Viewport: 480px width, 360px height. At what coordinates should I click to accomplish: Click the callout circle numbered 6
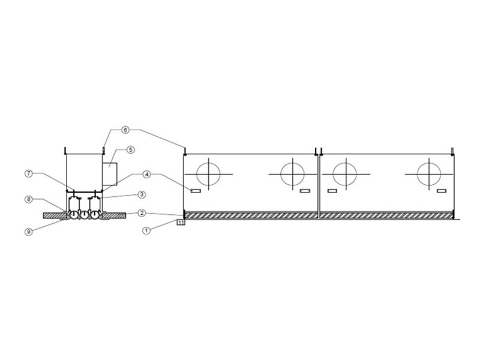125,130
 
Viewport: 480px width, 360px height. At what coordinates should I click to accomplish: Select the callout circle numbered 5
130,149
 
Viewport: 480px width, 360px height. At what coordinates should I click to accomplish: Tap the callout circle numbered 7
28,173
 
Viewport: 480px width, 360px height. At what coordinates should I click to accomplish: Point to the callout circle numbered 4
147,174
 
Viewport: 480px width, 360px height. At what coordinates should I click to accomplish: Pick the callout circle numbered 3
142,194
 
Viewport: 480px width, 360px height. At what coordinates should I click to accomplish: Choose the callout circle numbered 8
28,199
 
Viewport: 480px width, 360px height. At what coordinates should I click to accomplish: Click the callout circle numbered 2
142,213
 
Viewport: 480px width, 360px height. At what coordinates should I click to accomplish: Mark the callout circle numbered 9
28,232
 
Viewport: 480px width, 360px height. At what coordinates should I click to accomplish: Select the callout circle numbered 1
146,230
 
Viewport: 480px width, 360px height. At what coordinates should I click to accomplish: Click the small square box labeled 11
181,223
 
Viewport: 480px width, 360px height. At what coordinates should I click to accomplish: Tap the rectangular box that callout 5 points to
110,174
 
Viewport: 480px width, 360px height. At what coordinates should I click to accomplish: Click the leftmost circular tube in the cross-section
74,215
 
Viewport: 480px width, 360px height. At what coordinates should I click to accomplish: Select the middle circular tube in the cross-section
84,215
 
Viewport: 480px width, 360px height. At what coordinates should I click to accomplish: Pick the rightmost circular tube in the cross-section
95,215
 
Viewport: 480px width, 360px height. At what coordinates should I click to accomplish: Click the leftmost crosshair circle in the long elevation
208,174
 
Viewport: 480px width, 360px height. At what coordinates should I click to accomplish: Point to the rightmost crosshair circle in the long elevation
429,174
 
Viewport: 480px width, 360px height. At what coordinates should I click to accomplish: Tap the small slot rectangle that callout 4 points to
196,191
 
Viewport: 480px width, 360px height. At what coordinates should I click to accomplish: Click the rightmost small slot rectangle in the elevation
442,191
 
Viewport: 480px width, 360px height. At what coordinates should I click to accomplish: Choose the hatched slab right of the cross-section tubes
113,215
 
